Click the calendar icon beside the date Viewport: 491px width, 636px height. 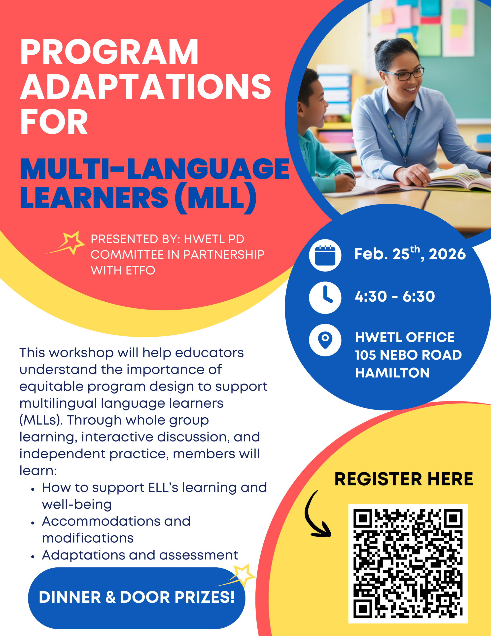325,255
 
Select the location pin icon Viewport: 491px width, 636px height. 325,340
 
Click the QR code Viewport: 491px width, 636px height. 408,563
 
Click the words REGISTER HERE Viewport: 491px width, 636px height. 404,479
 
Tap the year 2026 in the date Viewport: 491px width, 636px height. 447,254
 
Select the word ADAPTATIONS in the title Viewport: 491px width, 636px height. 145,86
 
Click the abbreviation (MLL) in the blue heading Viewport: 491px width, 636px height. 216,198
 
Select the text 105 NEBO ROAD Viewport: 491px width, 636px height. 408,355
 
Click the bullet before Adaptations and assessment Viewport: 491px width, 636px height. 33,557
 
